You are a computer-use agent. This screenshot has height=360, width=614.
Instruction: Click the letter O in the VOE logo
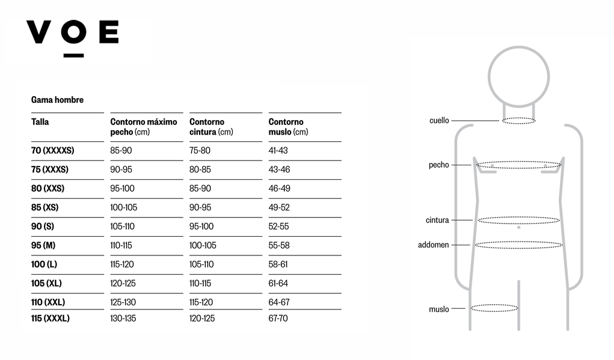[x=73, y=32]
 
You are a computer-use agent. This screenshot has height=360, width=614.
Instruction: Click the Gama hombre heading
[x=57, y=100]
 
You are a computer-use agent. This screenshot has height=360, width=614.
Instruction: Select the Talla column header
[x=40, y=121]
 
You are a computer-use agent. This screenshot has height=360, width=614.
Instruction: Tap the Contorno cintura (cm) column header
[x=211, y=127]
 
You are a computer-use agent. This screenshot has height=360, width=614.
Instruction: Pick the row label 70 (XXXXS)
[x=52, y=150]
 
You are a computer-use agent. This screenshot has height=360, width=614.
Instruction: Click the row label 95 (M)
[x=43, y=245]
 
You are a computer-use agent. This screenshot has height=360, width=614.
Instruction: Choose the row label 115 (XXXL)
[x=50, y=318]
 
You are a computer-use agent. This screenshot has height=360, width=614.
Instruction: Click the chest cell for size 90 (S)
[x=122, y=226]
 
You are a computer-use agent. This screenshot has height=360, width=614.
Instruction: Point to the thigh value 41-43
[x=278, y=150]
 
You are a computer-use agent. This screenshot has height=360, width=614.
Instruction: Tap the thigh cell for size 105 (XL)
[x=278, y=283]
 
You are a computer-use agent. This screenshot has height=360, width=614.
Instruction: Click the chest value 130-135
[x=123, y=318]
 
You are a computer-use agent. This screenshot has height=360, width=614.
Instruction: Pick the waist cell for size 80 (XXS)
[x=200, y=188]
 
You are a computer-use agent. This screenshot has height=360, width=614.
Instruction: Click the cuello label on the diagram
[x=439, y=121]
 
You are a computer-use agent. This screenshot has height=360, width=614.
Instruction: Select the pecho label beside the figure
[x=438, y=165]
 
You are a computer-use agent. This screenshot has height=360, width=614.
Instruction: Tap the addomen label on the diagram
[x=433, y=245]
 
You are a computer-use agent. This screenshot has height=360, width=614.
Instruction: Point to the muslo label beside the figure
[x=438, y=309]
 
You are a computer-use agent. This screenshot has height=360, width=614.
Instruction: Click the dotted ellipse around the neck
[x=519, y=121]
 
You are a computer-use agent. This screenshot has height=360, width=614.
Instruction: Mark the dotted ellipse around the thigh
[x=494, y=308]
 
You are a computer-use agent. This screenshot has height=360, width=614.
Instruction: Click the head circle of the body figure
[x=519, y=77]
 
